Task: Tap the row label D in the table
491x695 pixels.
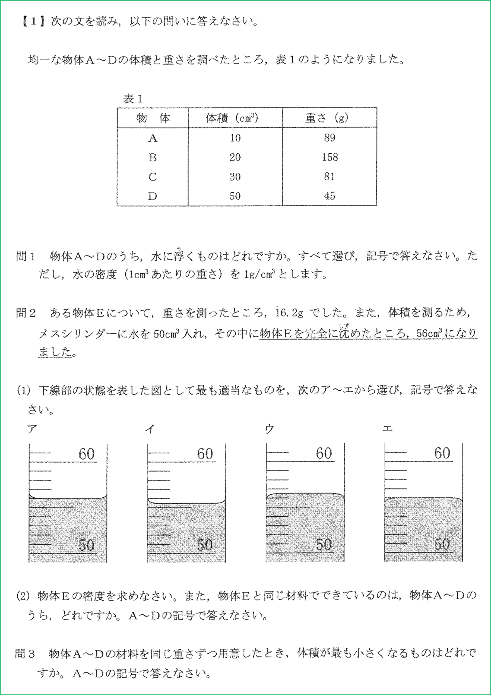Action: tap(152, 196)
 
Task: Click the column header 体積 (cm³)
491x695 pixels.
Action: tap(232, 118)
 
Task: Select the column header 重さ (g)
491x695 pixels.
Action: tap(327, 118)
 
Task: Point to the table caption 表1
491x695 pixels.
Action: tap(132, 99)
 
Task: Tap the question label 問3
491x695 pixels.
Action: tap(25, 653)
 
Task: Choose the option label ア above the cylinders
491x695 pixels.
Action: tap(32, 429)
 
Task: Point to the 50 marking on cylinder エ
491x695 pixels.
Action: tap(442, 544)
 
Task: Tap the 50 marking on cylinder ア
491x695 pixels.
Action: tap(86, 545)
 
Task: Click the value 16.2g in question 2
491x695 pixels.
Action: tap(289, 313)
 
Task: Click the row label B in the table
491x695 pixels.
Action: tap(153, 157)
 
